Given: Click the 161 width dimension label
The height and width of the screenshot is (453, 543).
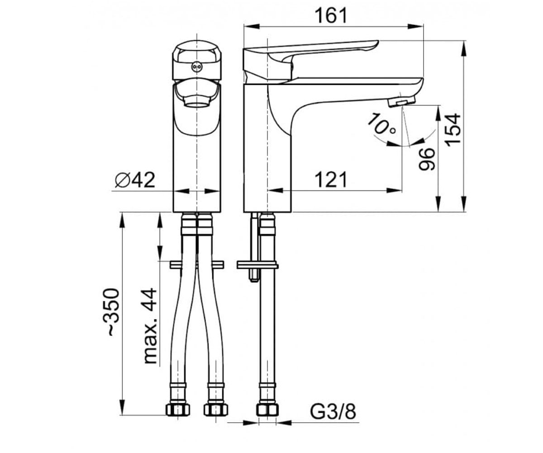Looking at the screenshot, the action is [331, 15].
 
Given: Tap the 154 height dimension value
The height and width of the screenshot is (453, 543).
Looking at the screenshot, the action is [453, 130].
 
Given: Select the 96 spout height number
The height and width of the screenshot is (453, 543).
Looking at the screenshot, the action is [427, 159].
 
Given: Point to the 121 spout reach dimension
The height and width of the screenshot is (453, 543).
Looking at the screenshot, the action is [331, 180].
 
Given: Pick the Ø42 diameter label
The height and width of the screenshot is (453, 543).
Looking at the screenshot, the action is [135, 180].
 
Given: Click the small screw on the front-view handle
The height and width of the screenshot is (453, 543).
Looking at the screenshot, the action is [196, 67].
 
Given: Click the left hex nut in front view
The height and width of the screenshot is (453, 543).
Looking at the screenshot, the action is [178, 410].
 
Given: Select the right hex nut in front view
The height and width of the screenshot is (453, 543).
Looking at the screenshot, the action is [215, 410].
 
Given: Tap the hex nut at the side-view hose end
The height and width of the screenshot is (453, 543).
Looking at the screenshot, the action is [267, 410].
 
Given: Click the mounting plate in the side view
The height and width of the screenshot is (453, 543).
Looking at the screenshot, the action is [257, 266].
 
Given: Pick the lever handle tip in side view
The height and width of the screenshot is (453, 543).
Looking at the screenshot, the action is [376, 43].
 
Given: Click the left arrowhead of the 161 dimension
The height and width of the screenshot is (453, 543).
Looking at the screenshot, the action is [252, 26].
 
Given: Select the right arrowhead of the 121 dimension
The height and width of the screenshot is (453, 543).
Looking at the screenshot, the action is [394, 190].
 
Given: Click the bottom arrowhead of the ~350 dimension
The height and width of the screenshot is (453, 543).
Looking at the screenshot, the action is [122, 408].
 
